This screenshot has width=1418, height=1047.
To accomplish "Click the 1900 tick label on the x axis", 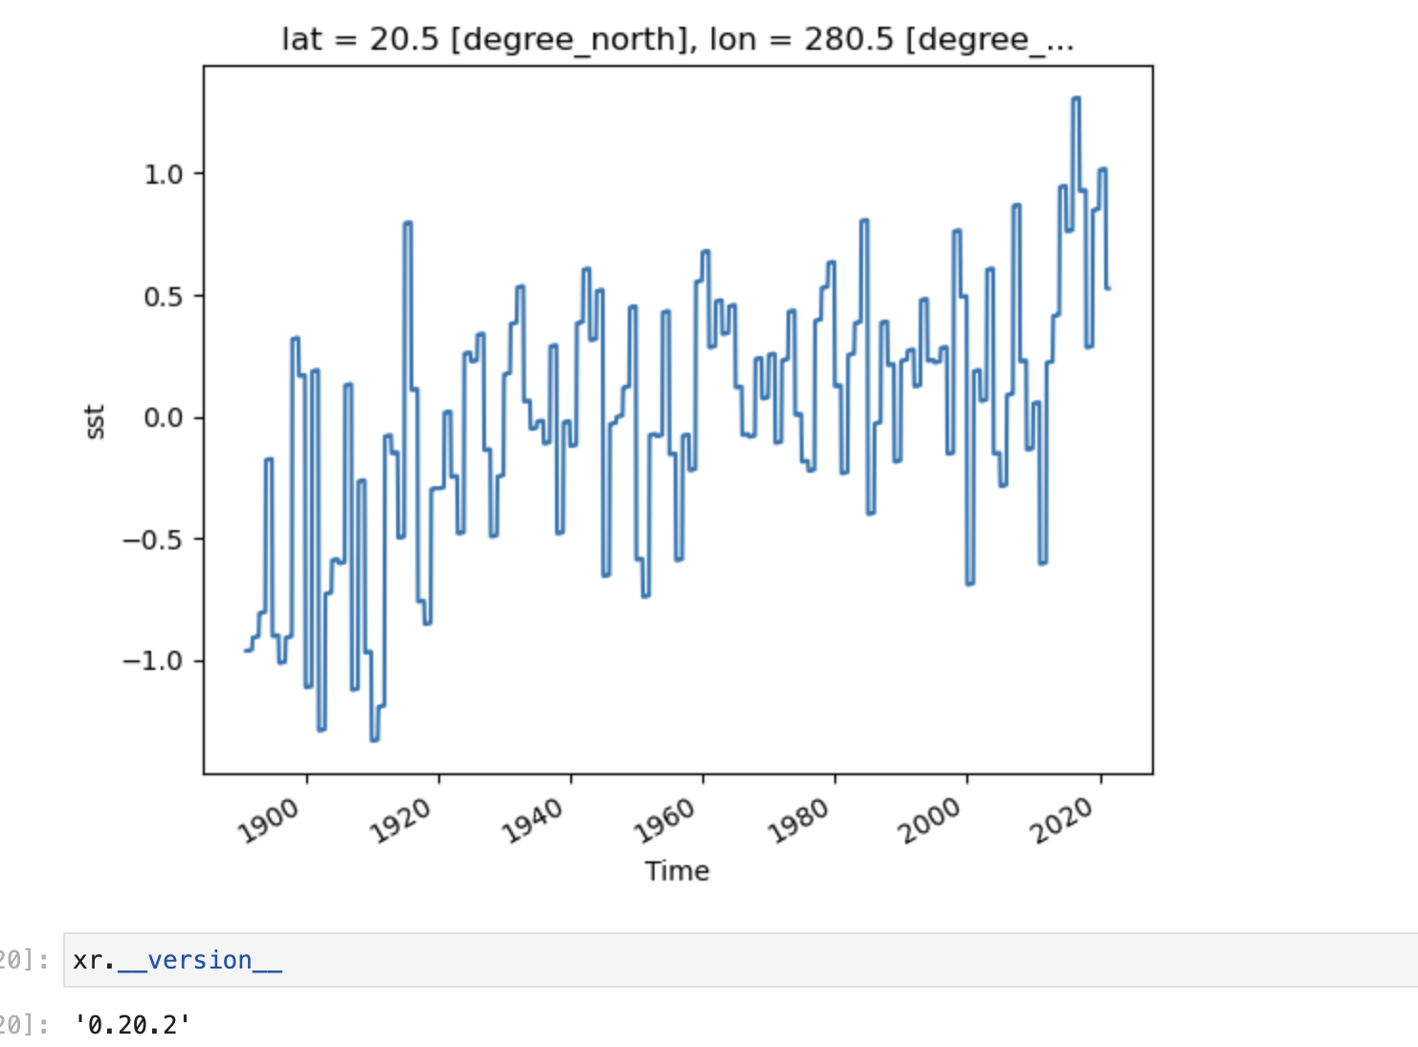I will click(x=270, y=821).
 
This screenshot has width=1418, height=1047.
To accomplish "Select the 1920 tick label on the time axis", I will click(x=402, y=821).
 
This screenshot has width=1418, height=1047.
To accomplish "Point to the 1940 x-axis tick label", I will click(x=534, y=821).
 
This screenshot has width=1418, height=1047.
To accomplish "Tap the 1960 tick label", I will click(x=666, y=821).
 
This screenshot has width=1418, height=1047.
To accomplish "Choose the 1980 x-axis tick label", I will click(x=798, y=821).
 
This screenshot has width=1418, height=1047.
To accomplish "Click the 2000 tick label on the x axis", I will click(x=930, y=821).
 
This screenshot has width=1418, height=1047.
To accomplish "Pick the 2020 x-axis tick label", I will click(x=1062, y=821).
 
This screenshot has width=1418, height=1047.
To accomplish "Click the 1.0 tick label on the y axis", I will click(x=163, y=174).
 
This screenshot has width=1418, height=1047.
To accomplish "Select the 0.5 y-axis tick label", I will click(x=163, y=297).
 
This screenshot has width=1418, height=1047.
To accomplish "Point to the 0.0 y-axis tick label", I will click(x=163, y=418).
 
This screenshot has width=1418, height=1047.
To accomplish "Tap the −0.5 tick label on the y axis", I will click(x=152, y=540).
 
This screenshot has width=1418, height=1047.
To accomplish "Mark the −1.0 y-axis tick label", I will click(x=152, y=661).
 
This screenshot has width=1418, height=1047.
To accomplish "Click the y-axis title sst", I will click(x=95, y=421).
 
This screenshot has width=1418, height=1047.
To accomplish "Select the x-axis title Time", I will click(x=676, y=871).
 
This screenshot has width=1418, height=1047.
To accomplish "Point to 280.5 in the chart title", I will click(x=849, y=39).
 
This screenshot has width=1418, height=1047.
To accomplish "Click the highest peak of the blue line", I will click(x=1075, y=99).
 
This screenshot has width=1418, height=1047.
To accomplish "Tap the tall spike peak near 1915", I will click(x=408, y=223).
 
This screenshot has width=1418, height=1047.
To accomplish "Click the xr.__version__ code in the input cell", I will click(x=177, y=960).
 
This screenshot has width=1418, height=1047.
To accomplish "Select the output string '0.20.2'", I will click(x=133, y=1025).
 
